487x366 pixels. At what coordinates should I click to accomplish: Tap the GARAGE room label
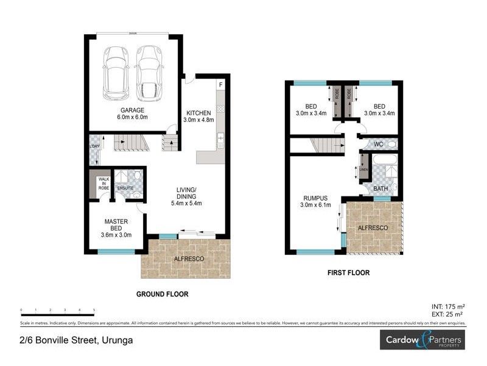[131, 110]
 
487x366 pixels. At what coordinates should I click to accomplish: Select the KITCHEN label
[198, 113]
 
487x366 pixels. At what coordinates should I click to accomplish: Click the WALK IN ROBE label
[104, 184]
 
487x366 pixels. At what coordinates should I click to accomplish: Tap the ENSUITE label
[125, 188]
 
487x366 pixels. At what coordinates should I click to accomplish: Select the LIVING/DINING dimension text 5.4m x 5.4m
[186, 204]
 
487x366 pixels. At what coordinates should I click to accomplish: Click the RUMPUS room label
[315, 198]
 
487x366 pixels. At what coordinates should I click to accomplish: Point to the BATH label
[380, 188]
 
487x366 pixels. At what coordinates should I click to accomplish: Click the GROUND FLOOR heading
[162, 294]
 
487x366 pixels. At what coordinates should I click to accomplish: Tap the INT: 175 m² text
[448, 306]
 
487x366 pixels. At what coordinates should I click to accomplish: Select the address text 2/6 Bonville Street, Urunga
[76, 340]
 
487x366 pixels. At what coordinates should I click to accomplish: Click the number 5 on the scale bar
[94, 310]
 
